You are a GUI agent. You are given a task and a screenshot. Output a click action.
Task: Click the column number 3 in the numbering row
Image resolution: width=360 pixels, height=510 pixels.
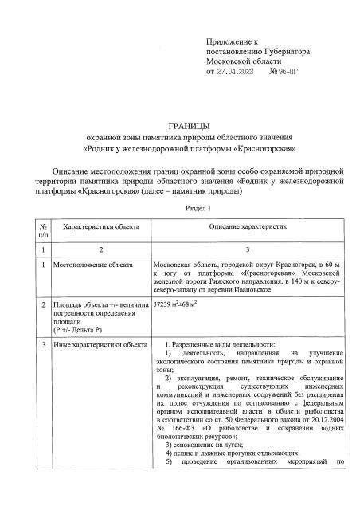click(x=248, y=249)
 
